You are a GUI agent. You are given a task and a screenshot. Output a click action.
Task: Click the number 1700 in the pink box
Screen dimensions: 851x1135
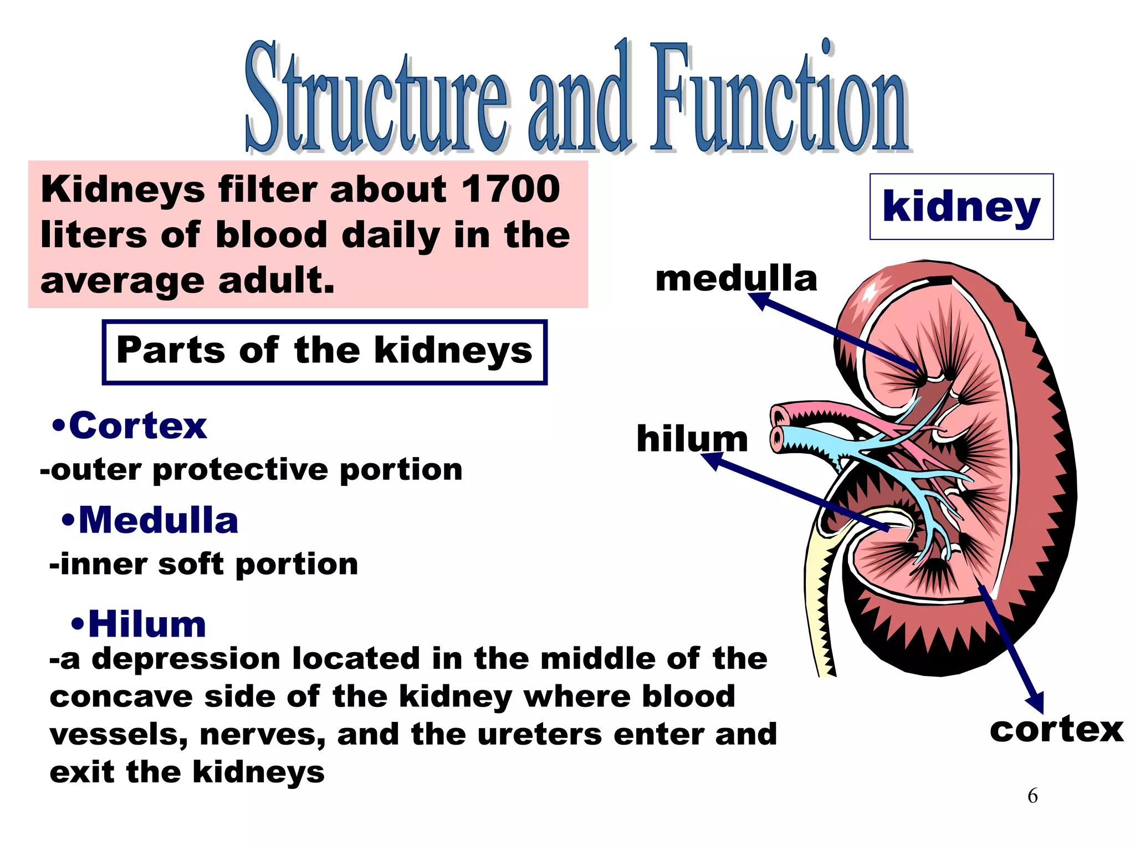click(x=510, y=189)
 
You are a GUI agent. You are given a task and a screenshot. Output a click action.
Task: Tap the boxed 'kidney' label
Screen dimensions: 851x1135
click(x=961, y=207)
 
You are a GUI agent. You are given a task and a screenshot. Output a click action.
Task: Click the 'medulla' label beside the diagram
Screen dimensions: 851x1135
click(x=736, y=279)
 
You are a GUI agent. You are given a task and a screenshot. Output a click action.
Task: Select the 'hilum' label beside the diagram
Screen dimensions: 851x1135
click(x=692, y=439)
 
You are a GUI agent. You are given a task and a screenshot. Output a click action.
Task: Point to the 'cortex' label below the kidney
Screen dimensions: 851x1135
click(x=1056, y=730)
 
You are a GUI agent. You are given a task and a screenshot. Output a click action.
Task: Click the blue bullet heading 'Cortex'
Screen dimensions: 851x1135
click(x=137, y=426)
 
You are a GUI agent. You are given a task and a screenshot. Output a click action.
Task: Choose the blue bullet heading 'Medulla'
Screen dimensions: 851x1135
click(x=158, y=521)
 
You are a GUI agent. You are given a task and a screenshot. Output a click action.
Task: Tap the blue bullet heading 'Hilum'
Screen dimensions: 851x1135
click(x=147, y=624)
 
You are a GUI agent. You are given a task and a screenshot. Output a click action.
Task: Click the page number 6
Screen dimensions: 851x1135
click(x=1032, y=796)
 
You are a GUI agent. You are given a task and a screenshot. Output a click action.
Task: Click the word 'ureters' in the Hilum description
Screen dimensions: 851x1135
click(x=540, y=735)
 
